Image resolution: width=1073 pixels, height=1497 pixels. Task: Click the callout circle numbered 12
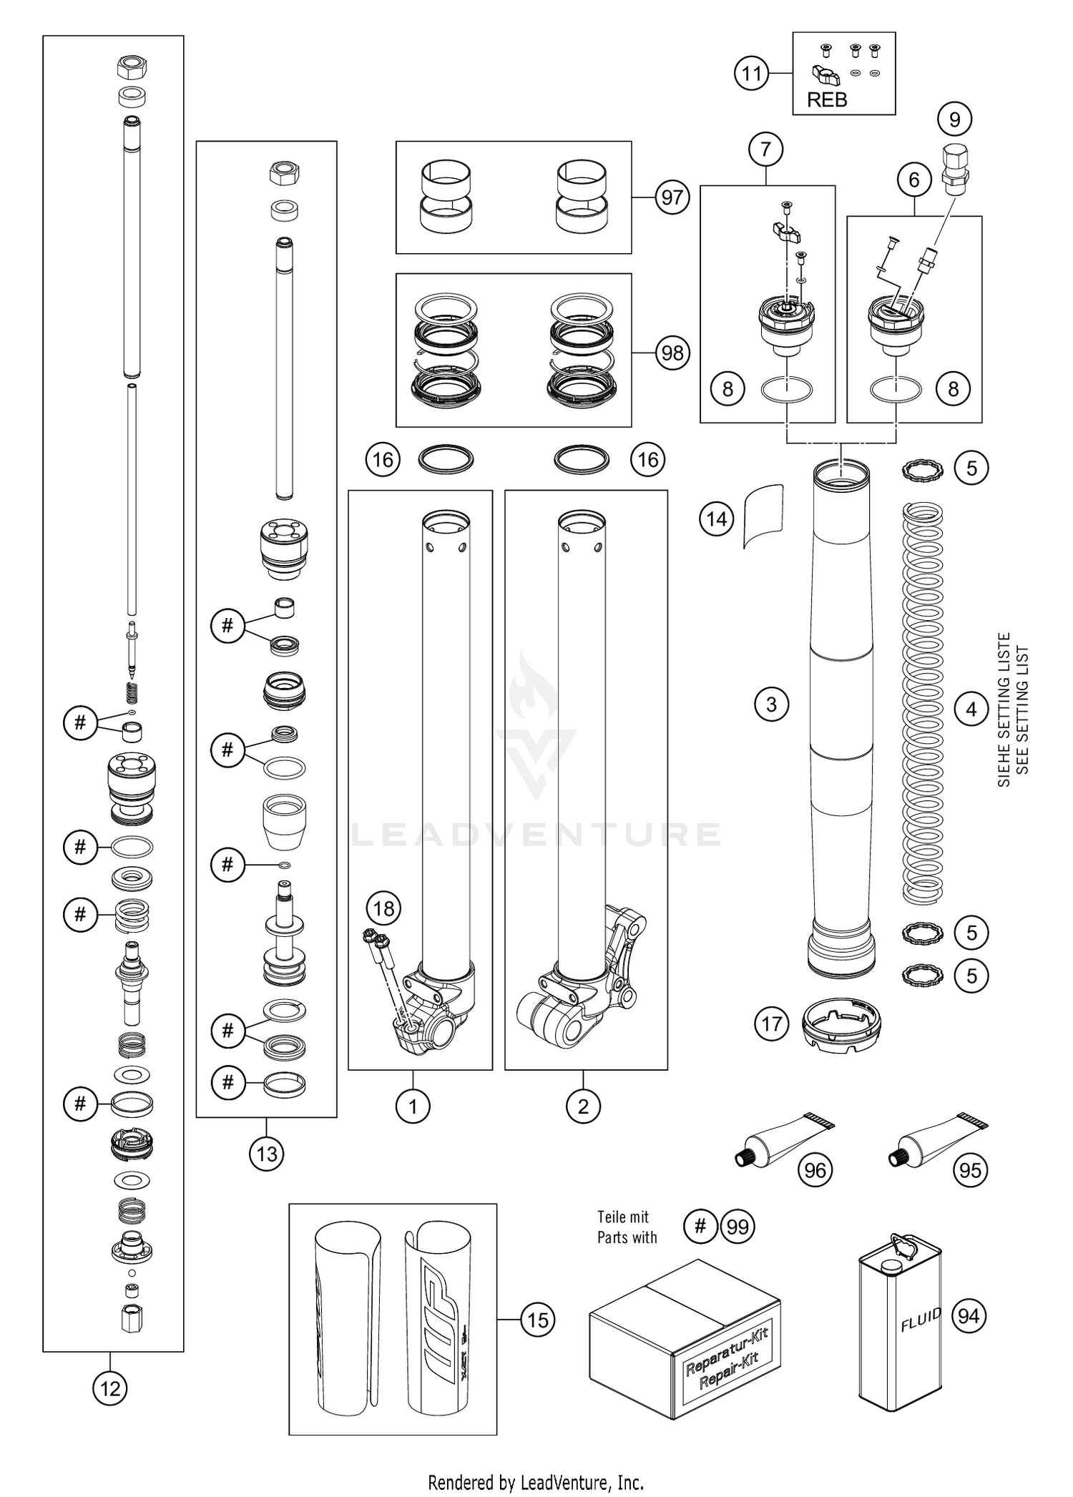pos(109,1388)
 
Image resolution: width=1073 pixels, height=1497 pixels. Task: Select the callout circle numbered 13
pos(266,1153)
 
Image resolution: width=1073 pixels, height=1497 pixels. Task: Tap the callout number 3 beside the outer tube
pos(771,705)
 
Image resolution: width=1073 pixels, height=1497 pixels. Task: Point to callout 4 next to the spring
pos(971,710)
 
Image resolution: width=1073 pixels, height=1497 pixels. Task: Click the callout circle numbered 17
pos(771,1024)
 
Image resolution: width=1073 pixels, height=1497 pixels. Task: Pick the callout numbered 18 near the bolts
pos(384,908)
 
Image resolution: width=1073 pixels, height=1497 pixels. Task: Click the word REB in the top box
pos(827,100)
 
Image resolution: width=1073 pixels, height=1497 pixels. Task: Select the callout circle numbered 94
pos(969,1315)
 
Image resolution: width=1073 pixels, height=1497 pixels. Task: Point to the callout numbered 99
pos(738,1227)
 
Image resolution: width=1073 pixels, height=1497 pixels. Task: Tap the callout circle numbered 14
pos(717,519)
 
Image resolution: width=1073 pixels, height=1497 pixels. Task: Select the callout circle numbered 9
pos(954,119)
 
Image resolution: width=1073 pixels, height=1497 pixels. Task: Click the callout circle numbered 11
pos(752,74)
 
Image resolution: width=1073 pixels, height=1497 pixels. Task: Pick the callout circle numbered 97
pos(672,197)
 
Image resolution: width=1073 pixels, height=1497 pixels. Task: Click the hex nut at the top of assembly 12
pos(132,69)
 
